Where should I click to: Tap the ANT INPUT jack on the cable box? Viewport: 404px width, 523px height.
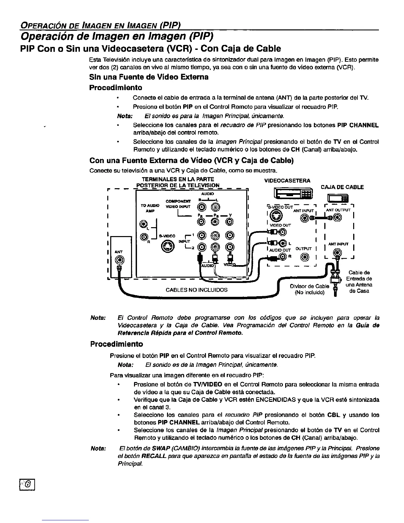point(337,254)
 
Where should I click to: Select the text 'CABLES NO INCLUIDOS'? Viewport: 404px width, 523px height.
point(196,290)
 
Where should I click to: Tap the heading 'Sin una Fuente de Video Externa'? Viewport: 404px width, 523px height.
point(149,77)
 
